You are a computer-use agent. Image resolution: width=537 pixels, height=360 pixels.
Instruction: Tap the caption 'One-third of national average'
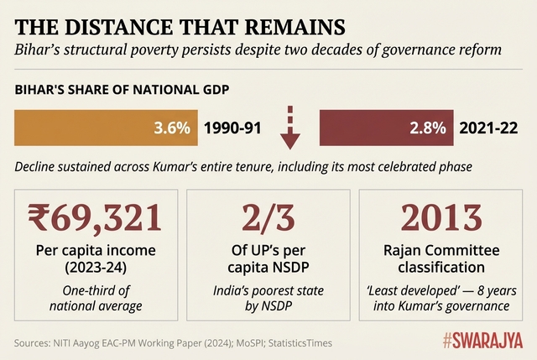[x=94, y=298]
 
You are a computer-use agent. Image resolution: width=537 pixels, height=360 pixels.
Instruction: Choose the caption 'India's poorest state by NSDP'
[x=268, y=298]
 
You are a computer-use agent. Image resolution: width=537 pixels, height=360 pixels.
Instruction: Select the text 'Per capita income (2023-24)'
[x=94, y=258]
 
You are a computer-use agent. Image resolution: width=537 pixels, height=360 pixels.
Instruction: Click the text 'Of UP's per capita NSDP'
[x=268, y=258]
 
